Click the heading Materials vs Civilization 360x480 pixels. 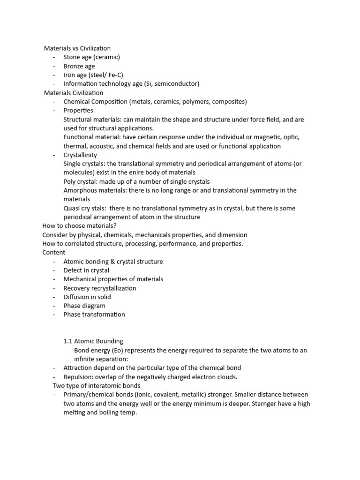point(77,48)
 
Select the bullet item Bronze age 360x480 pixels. point(79,66)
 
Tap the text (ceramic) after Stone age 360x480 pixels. point(106,57)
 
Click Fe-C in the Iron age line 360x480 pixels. point(114,75)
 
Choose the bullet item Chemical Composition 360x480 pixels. point(96,102)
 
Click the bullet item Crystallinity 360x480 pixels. point(80,155)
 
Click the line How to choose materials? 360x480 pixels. point(79,226)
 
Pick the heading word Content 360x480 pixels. point(54,253)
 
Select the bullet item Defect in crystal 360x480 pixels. point(86,270)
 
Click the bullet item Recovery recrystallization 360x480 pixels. point(100,288)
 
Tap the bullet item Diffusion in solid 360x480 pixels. point(87,297)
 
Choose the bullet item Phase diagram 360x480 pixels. point(84,306)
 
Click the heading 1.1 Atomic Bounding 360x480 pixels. point(93,341)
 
